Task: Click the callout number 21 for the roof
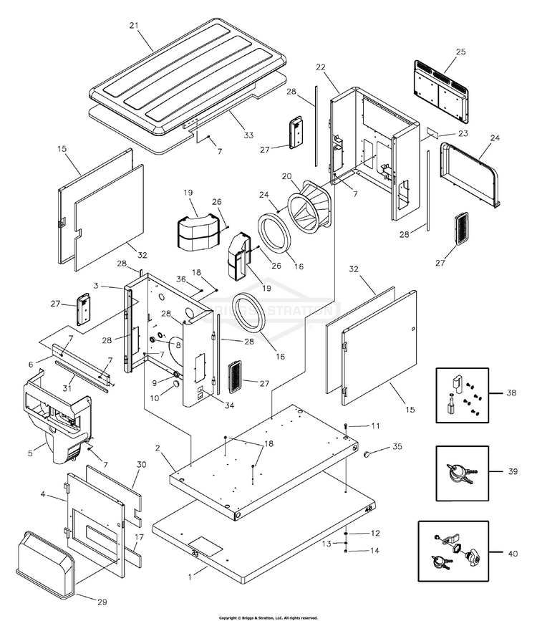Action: coord(134,26)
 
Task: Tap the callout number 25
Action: coord(461,52)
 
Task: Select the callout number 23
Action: coord(463,133)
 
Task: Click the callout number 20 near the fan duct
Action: coord(286,177)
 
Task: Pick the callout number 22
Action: coord(321,67)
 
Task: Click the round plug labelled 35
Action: coord(367,453)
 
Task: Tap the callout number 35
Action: coord(397,447)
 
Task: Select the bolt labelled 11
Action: coord(346,425)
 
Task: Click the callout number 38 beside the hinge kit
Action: coord(511,393)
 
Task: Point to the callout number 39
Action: coord(513,472)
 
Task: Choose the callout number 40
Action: coord(513,554)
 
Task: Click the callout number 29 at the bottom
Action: coord(102,602)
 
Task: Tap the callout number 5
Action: coord(31,453)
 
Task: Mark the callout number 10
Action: coord(155,398)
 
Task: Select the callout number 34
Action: coord(229,405)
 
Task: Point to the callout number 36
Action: coord(181,279)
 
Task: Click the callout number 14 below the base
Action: coord(374,551)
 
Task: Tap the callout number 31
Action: coord(67,388)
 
